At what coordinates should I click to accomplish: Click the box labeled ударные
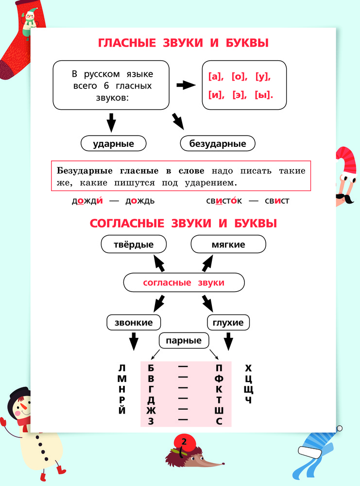click(x=113, y=143)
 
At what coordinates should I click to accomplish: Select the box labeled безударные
click(x=218, y=143)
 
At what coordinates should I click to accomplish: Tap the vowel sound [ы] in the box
click(x=264, y=95)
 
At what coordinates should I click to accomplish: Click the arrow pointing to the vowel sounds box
click(x=186, y=85)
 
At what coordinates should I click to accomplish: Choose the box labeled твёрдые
click(x=134, y=244)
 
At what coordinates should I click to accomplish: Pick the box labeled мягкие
click(x=228, y=244)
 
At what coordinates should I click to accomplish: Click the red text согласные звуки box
click(x=184, y=282)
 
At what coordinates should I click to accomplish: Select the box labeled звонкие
click(x=134, y=322)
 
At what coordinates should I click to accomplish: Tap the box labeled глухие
click(x=228, y=322)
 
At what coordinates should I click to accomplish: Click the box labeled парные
click(x=184, y=340)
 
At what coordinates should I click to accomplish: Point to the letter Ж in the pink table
click(x=151, y=410)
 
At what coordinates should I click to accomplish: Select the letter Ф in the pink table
click(x=219, y=379)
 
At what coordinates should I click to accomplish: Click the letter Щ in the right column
click(x=248, y=389)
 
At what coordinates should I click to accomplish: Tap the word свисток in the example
click(x=224, y=200)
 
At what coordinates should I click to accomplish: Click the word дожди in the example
click(x=87, y=200)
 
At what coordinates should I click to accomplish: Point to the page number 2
click(x=184, y=441)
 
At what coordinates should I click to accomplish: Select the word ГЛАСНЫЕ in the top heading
click(x=127, y=43)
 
